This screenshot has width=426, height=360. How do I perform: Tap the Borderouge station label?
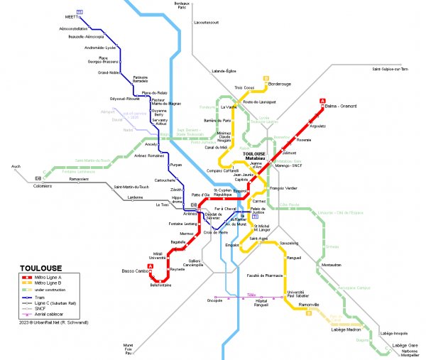282,84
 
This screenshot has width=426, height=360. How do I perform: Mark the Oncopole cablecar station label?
215,300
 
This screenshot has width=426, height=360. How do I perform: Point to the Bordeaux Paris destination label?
185,6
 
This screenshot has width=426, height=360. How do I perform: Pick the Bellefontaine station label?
163,287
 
